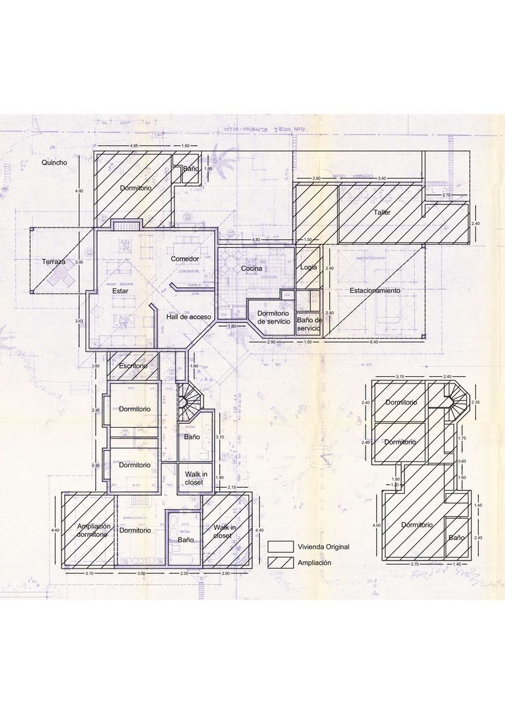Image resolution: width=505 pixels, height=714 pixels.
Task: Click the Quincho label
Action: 54,162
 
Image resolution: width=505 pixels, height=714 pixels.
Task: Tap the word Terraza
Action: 54,262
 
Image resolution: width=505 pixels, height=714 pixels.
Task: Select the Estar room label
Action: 120,290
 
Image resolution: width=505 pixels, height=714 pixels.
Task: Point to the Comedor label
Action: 185,258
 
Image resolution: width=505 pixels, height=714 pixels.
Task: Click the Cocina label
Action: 251,268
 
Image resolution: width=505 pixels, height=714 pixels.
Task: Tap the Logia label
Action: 309,267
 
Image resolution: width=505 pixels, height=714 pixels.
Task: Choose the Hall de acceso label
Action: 189,317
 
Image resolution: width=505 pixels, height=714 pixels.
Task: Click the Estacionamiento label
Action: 375,290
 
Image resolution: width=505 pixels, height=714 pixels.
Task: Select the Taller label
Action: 381,213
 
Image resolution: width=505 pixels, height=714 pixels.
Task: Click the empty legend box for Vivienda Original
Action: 280,547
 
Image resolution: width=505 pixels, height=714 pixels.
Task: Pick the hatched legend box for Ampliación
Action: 280,563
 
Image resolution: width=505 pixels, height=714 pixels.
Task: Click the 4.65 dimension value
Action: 134,145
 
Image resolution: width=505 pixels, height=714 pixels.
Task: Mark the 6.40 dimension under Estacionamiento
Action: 374,342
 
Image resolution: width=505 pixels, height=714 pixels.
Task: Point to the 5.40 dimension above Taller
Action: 382,178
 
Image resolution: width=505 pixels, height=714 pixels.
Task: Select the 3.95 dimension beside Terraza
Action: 79,262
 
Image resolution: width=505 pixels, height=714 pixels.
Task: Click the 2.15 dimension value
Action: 232,487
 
